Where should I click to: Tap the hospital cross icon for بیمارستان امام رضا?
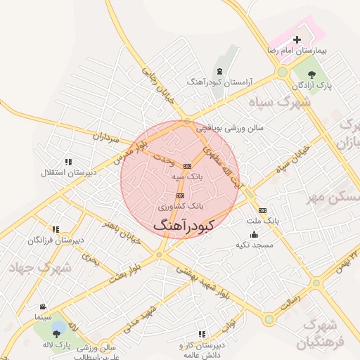[x=296, y=39]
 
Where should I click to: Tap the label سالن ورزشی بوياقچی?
[x=229, y=128]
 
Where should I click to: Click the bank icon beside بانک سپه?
[x=186, y=166]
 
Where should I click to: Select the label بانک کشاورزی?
[x=180, y=207]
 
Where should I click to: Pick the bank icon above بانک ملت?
[x=263, y=210]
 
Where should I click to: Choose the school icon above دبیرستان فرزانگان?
[x=56, y=229]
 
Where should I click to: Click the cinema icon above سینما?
[x=44, y=307]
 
